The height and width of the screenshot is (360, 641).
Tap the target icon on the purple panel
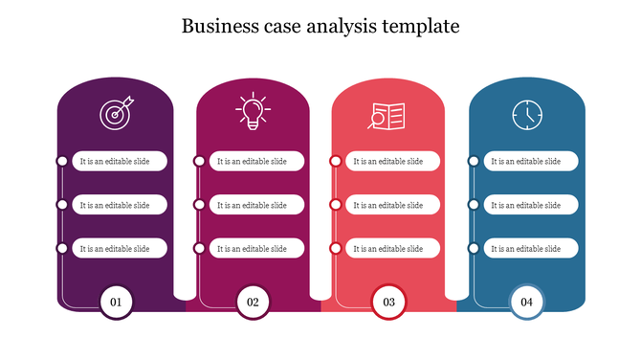point(116,114)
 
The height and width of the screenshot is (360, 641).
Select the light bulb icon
point(253,112)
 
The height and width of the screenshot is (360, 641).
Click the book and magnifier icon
point(387,116)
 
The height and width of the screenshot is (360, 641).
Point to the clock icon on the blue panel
point(526,115)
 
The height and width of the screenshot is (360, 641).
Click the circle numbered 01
point(116,302)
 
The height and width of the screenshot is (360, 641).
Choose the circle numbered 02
point(253,302)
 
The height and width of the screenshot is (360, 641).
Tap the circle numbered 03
point(389,302)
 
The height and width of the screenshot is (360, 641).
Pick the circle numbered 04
point(526,302)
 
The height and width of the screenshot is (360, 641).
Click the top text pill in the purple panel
point(120,161)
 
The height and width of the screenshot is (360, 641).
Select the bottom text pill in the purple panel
point(120,248)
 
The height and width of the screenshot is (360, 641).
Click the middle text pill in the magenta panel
point(256,205)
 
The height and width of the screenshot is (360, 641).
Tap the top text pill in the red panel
point(392,161)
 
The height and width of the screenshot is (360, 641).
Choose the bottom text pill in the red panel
point(392,248)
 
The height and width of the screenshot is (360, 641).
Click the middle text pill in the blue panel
point(530,205)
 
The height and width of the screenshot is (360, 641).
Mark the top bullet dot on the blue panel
point(473,161)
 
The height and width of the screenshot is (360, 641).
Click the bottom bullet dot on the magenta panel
point(199,248)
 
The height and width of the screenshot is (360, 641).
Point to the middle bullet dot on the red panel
point(336,205)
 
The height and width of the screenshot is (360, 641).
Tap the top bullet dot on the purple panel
point(62,161)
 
